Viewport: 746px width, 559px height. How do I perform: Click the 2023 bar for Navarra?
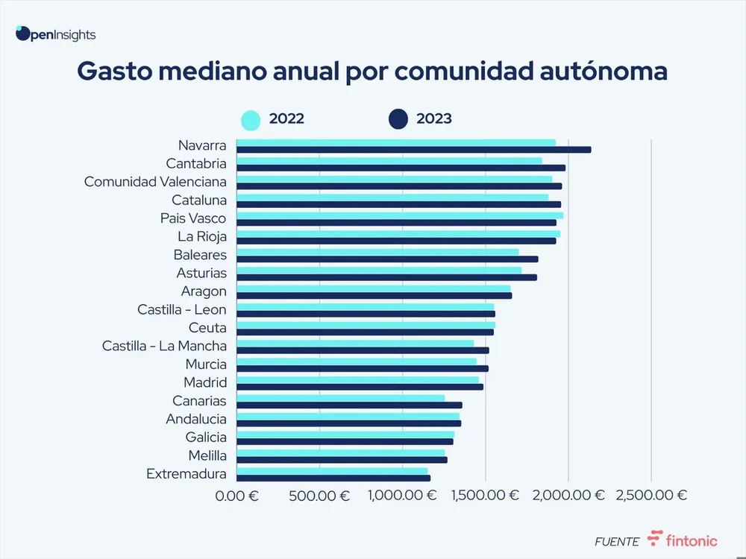click(413, 150)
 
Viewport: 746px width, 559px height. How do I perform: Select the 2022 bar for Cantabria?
click(389, 160)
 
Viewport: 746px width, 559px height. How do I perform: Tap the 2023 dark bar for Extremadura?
click(333, 478)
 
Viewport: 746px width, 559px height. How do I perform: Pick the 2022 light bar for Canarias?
click(340, 398)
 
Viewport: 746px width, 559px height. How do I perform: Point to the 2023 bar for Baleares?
click(386, 259)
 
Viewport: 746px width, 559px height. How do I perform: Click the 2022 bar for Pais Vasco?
click(399, 215)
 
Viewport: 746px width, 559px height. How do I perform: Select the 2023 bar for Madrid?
click(360, 387)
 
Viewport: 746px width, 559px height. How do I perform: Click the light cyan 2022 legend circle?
click(251, 119)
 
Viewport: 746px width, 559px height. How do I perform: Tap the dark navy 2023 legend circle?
click(398, 119)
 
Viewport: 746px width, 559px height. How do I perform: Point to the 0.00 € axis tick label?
click(236, 496)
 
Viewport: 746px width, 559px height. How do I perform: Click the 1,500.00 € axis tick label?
click(485, 496)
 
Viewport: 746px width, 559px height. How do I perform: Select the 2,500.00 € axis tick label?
click(651, 496)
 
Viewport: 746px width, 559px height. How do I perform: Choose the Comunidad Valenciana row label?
click(155, 182)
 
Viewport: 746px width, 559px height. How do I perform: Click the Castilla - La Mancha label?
click(164, 346)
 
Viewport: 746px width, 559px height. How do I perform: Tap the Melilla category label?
click(207, 455)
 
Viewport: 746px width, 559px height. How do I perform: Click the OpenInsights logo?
click(55, 34)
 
